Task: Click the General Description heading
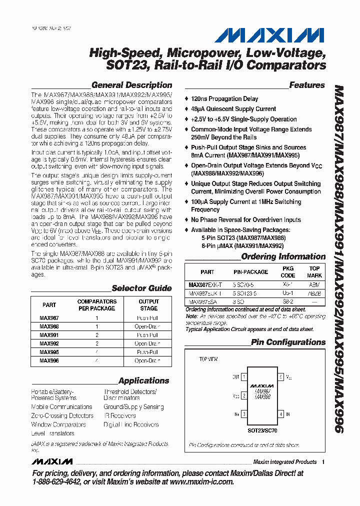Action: click(x=131, y=85)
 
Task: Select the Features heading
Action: click(x=306, y=85)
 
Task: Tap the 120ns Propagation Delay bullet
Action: click(x=224, y=99)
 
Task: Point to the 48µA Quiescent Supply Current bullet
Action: click(x=233, y=109)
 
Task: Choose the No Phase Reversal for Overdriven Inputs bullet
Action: click(x=245, y=220)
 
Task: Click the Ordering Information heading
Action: click(x=283, y=257)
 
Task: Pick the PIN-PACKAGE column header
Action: click(x=250, y=272)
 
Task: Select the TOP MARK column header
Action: click(x=314, y=272)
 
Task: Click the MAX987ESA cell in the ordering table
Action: click(x=205, y=302)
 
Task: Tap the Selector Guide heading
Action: click(x=141, y=288)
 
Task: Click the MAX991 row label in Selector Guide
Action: click(x=49, y=335)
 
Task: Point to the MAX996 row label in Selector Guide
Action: click(x=49, y=360)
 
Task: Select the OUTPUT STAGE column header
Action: click(x=148, y=305)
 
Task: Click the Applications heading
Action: click(x=144, y=381)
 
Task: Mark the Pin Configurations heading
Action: click(x=288, y=342)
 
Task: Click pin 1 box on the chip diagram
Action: click(x=243, y=377)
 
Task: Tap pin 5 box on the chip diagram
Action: click(x=281, y=377)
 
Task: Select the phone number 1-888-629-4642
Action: click(x=61, y=482)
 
